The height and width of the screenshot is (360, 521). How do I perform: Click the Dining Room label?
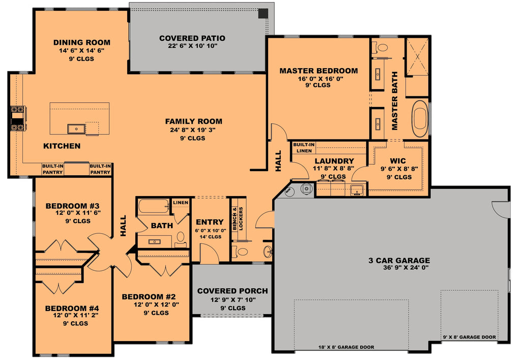81,42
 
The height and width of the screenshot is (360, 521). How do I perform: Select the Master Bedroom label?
319,71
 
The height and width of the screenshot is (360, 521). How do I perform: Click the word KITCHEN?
62,146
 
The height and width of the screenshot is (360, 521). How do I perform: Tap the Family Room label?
193,121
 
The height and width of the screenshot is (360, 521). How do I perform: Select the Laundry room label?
334,161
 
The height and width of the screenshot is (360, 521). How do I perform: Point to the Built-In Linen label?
304,148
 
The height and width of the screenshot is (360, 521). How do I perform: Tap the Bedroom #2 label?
149,297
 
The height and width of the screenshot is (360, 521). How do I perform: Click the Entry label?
209,221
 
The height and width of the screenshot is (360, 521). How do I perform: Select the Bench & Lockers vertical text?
238,219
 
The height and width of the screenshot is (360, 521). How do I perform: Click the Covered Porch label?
232,291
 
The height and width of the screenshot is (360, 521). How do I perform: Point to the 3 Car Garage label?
399,260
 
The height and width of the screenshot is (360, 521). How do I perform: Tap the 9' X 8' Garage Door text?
469,337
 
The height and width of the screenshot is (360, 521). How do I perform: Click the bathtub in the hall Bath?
153,207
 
